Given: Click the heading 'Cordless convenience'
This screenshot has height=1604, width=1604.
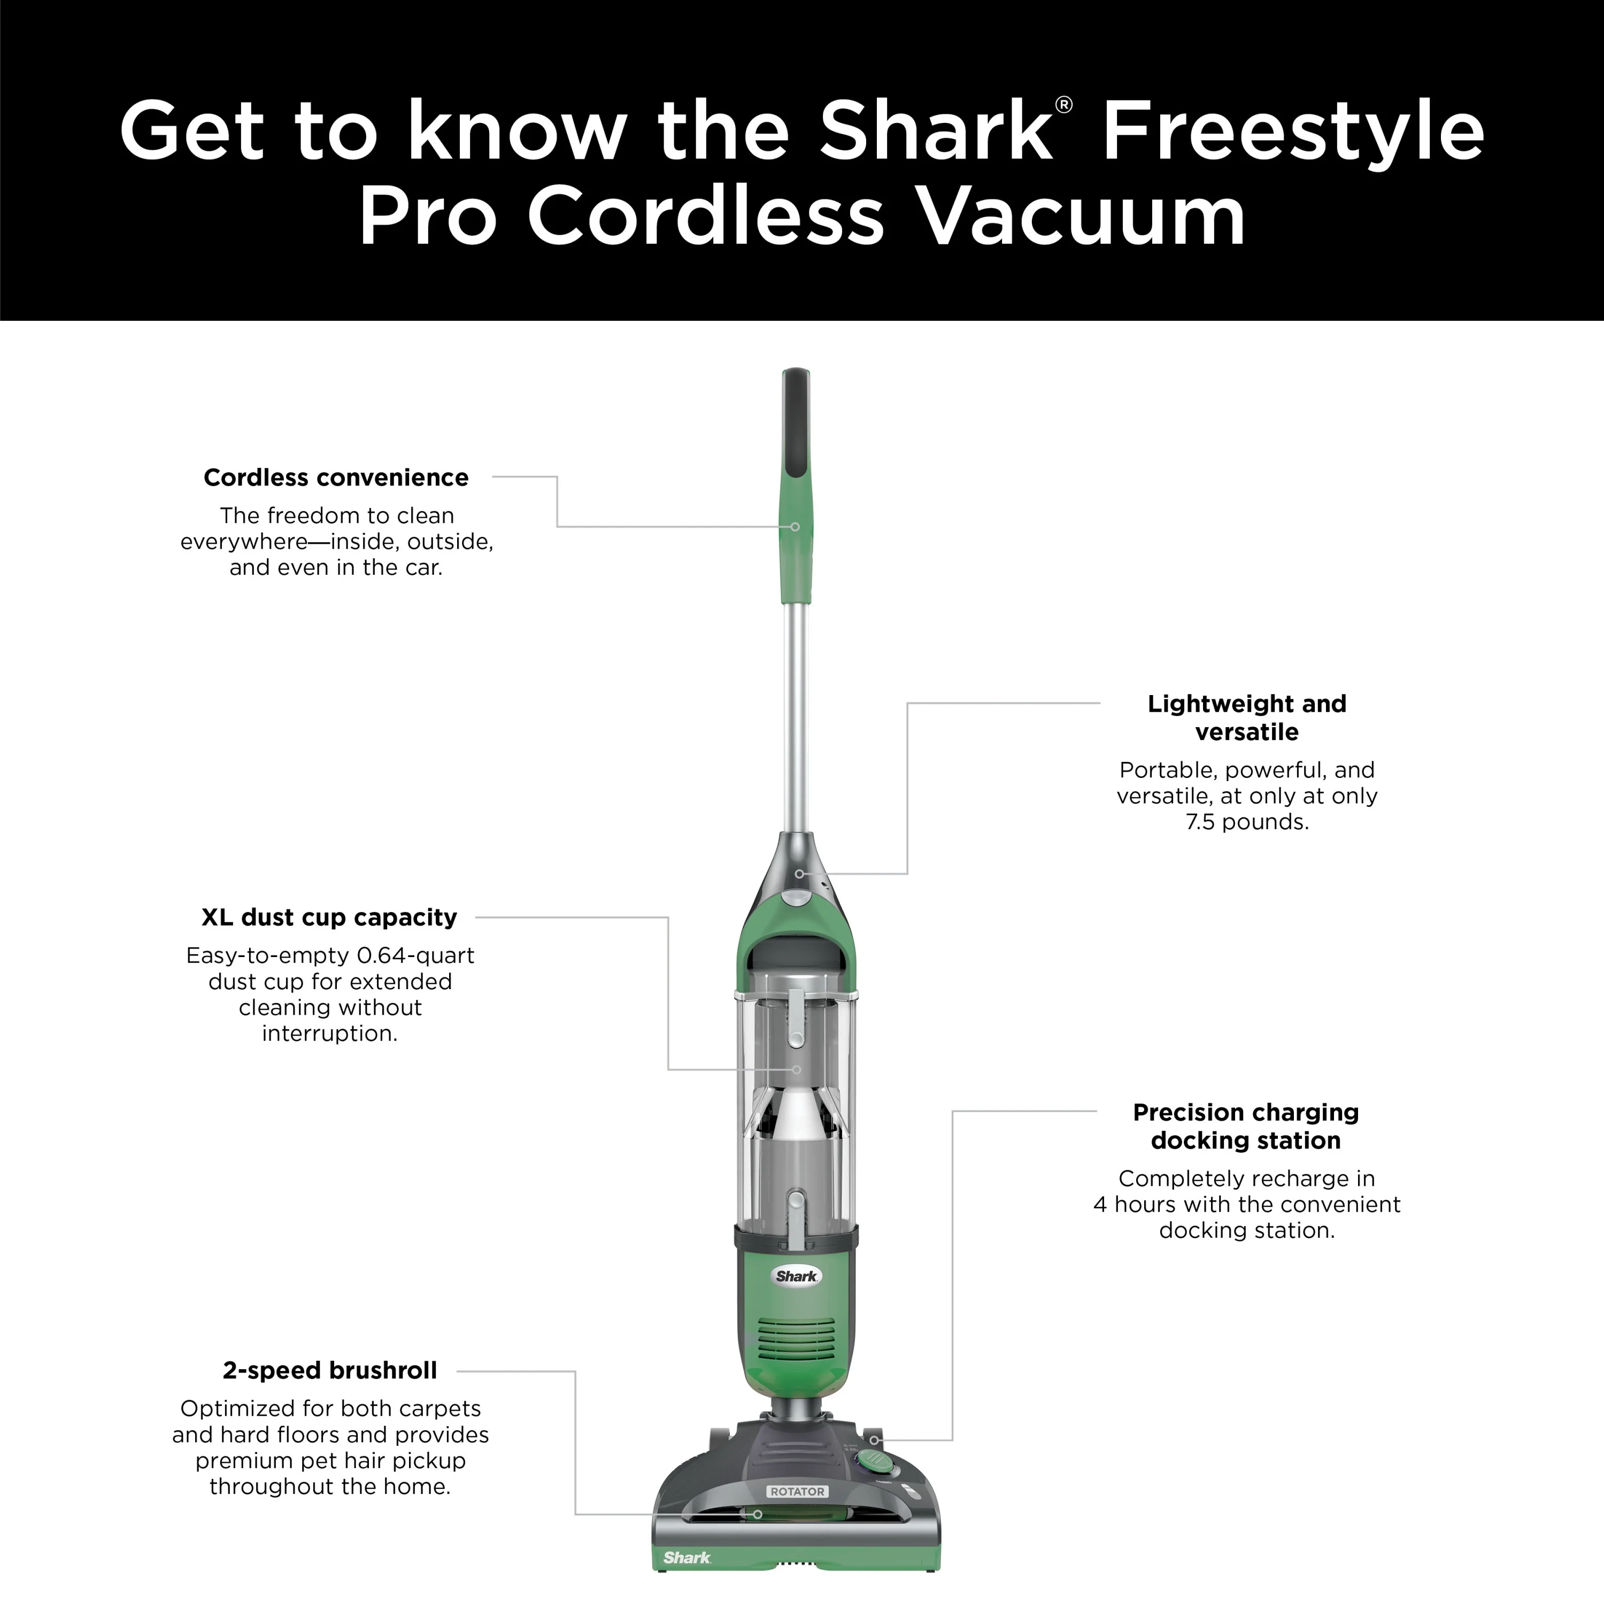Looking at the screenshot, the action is [x=336, y=477].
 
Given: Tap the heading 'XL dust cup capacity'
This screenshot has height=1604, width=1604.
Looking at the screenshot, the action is [x=329, y=917].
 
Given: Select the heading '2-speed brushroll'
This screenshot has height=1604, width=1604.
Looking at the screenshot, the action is [x=329, y=1370].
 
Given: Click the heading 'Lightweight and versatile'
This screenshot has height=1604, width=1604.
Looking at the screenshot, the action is [x=1247, y=718].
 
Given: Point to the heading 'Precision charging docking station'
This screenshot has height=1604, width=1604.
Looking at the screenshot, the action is [x=1246, y=1126].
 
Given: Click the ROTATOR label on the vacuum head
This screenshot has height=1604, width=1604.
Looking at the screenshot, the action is [x=797, y=1491].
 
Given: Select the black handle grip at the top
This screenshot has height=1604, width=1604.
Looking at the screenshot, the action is [x=796, y=423].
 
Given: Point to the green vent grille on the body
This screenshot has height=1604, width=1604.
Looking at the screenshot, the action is [x=797, y=1338].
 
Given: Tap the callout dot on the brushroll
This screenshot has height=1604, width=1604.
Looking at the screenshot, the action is [x=757, y=1514].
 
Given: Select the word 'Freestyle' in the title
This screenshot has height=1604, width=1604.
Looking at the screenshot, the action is [x=1293, y=131].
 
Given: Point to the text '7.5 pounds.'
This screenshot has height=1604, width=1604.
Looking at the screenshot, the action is [x=1247, y=822].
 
